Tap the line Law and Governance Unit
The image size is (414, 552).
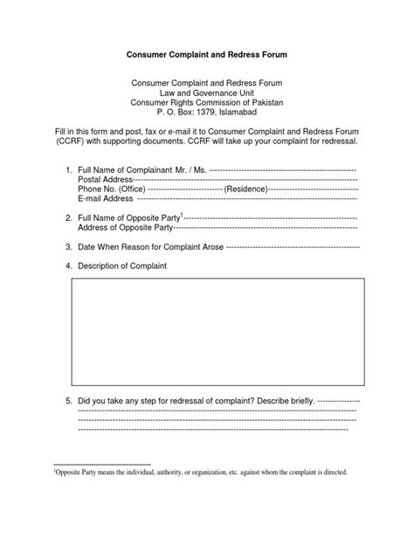[207, 92]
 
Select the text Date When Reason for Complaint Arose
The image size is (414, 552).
[149, 246]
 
